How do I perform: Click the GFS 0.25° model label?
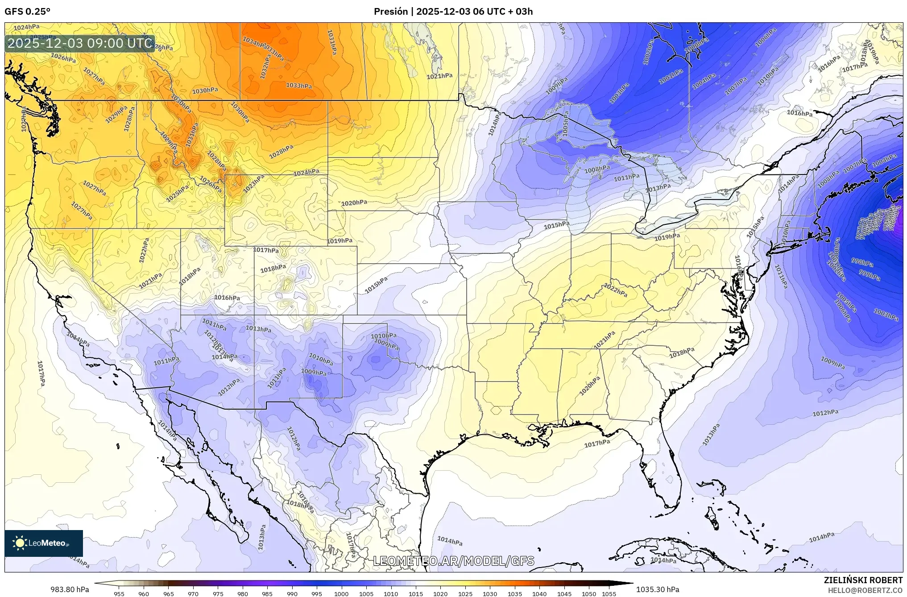pyautogui.click(x=27, y=11)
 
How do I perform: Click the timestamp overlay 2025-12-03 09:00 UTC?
pyautogui.click(x=80, y=43)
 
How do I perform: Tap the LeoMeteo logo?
pyautogui.click(x=44, y=543)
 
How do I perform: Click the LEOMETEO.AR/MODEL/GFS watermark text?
pyautogui.click(x=453, y=561)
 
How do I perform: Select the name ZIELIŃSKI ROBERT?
pyautogui.click(x=863, y=580)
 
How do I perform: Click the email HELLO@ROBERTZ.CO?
pyautogui.click(x=865, y=590)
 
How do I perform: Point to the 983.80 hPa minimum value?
pyautogui.click(x=70, y=589)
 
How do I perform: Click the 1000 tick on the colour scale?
pyautogui.click(x=341, y=594)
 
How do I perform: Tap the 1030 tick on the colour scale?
pyautogui.click(x=490, y=594)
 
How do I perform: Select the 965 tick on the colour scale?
pyautogui.click(x=168, y=594)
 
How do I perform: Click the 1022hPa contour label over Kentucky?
pyautogui.click(x=616, y=290)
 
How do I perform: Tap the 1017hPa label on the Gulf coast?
pyautogui.click(x=597, y=444)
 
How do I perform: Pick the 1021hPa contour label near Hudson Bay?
pyautogui.click(x=439, y=76)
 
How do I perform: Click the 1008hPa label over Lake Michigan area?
pyautogui.click(x=597, y=169)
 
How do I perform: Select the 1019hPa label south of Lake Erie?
pyautogui.click(x=667, y=237)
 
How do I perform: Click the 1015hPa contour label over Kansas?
pyautogui.click(x=376, y=285)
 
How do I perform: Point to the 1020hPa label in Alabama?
pyautogui.click(x=590, y=386)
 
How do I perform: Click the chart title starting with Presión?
pyautogui.click(x=453, y=11)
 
